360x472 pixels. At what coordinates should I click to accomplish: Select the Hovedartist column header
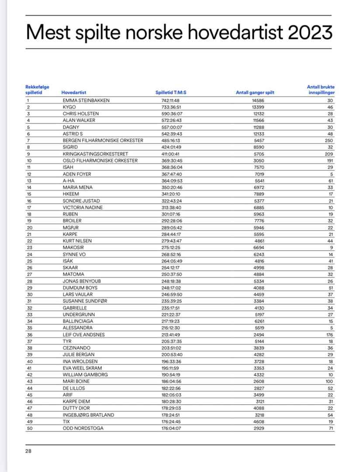pos(74,93)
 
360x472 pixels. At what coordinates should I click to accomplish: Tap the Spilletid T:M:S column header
pos(173,93)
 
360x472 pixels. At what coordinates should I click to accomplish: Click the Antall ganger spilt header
pos(255,93)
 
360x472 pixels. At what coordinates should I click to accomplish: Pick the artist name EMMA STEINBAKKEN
pos(86,100)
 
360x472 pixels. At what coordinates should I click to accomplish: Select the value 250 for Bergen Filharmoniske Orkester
pos(329,140)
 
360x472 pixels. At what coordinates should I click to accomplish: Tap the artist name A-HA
pos(69,180)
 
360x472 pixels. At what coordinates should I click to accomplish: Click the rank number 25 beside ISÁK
pos(29,261)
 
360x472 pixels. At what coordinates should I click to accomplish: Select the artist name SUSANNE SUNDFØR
pos(86,301)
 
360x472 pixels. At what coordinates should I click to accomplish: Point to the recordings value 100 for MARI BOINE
pos(329,382)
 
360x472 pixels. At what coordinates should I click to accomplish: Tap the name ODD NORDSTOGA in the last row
pos(83,428)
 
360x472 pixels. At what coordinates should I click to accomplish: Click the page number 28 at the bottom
pos(28,451)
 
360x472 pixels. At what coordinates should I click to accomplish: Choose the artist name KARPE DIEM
pos(78,402)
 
